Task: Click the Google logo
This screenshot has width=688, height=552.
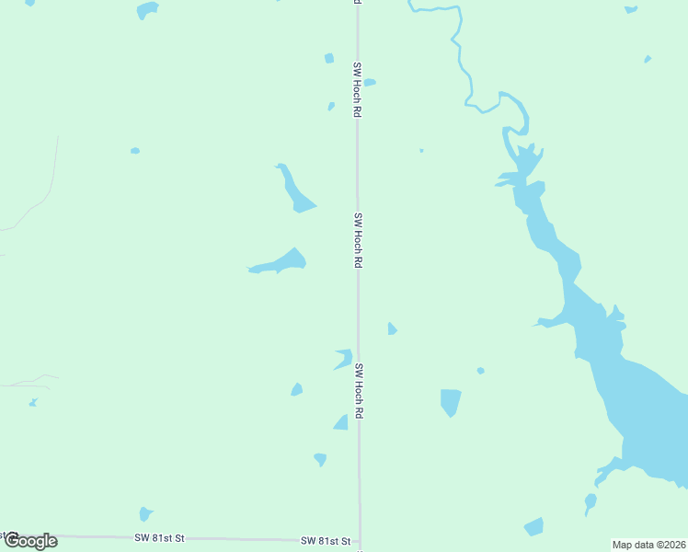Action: tap(30, 541)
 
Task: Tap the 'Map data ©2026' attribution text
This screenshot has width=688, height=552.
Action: tap(648, 544)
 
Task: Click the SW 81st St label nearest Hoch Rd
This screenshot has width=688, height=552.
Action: tap(327, 540)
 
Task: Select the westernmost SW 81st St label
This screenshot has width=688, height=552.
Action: tap(160, 537)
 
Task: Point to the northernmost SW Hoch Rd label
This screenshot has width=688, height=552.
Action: tap(356, 89)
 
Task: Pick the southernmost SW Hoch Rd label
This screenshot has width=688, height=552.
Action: tap(359, 392)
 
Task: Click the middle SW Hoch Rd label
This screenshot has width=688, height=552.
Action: tap(358, 240)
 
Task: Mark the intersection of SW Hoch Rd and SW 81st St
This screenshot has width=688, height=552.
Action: tap(360, 541)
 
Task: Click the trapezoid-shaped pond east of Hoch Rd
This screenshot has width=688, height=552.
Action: tap(450, 401)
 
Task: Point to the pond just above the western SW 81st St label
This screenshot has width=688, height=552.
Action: tap(144, 513)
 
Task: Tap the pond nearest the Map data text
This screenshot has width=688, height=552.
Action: tap(533, 526)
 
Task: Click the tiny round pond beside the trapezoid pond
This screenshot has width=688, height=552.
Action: tap(480, 371)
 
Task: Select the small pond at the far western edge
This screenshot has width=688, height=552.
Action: tap(33, 402)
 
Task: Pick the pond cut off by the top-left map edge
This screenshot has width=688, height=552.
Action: tap(147, 9)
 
